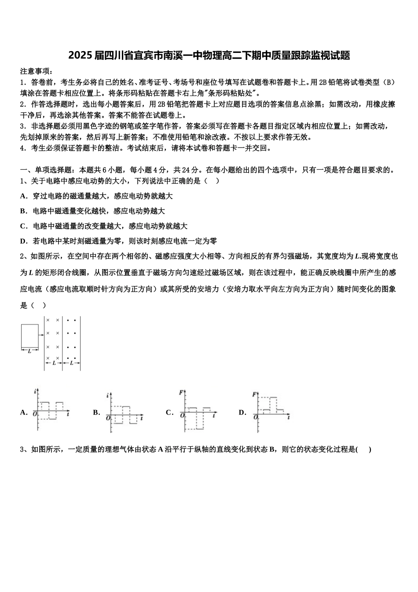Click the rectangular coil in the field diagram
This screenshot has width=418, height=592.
click(x=29, y=336)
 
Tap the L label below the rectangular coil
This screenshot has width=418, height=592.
click(x=29, y=351)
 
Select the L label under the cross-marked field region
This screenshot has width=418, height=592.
click(x=54, y=363)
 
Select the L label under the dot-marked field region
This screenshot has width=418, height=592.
click(x=71, y=363)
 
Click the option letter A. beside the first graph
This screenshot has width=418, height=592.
click(x=24, y=413)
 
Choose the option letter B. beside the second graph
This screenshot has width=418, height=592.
click(x=96, y=413)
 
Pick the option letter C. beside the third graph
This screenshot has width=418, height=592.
click(x=169, y=413)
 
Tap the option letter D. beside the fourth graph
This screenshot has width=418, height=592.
click(x=242, y=413)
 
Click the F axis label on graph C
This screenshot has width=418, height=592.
click(x=181, y=392)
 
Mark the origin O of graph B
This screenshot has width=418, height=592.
click(x=108, y=418)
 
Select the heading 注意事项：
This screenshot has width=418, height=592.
click(x=37, y=71)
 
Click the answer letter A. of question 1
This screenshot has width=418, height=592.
click(x=24, y=196)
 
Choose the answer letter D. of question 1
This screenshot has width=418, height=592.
click(x=24, y=241)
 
